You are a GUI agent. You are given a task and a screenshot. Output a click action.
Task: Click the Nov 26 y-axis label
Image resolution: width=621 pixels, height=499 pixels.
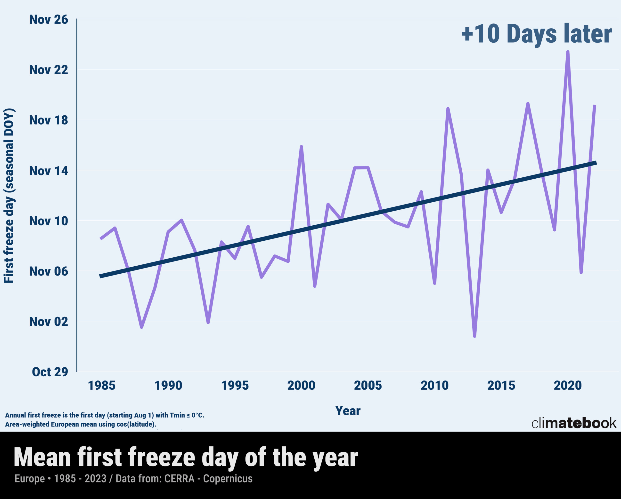(x=48, y=20)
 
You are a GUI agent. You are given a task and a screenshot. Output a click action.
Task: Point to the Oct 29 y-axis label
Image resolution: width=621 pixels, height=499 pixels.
(x=50, y=372)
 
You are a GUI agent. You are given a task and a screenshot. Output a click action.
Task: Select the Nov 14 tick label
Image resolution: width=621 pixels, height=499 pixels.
(x=48, y=171)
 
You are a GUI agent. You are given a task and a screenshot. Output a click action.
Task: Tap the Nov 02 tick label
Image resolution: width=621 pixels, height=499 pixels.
(x=48, y=321)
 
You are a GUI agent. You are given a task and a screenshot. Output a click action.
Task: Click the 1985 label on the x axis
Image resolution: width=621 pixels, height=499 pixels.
(x=101, y=386)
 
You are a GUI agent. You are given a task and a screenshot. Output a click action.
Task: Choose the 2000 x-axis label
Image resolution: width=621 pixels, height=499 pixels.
(x=301, y=386)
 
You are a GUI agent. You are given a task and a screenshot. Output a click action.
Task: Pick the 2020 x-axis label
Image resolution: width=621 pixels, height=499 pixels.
(x=568, y=386)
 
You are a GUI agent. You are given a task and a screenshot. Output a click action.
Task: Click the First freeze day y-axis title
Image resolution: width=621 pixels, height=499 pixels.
(x=9, y=196)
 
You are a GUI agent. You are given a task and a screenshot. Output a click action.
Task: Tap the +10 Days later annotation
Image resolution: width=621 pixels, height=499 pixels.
(x=536, y=34)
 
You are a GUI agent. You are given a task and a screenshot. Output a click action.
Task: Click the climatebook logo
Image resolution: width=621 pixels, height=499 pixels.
(x=574, y=423)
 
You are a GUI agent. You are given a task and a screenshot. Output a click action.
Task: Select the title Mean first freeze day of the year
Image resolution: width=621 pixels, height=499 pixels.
(x=186, y=458)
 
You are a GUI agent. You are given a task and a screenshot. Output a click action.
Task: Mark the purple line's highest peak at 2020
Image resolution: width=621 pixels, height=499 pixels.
(x=568, y=52)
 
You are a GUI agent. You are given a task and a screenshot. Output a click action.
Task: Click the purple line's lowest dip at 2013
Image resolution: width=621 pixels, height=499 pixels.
(x=474, y=336)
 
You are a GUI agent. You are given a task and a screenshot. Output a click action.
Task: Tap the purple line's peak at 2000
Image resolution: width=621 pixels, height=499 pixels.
(x=301, y=147)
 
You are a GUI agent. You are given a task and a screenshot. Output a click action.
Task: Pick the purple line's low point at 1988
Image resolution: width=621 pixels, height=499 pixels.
(x=141, y=327)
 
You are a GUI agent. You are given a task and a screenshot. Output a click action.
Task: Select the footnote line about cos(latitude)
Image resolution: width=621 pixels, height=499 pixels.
(x=81, y=424)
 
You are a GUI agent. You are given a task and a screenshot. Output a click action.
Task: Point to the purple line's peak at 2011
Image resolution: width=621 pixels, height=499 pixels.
(x=448, y=109)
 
